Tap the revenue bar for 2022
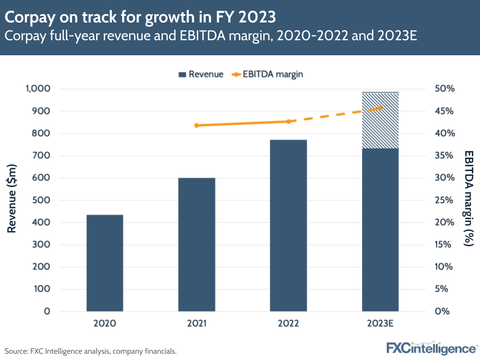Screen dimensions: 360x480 coord(288,225)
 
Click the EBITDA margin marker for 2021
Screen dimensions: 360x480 coord(197,125)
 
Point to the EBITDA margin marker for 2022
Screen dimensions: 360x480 coord(288,122)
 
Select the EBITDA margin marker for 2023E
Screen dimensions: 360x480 coord(380,108)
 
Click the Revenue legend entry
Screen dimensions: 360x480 coord(201,74)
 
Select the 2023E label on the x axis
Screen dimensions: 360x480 coord(380,323)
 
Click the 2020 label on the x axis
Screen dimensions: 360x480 coord(105,323)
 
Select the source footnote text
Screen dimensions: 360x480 coord(91,351)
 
